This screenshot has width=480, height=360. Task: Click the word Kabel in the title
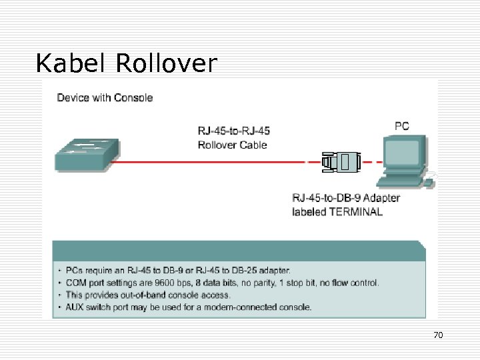(72, 63)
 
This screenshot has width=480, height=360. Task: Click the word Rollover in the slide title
(166, 63)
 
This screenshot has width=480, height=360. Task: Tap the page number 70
(438, 335)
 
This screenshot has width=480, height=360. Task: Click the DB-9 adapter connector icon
(341, 162)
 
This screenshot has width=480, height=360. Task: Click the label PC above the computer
(402, 126)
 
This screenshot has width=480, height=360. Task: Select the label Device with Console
(105, 97)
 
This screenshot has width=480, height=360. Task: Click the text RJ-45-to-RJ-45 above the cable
(234, 131)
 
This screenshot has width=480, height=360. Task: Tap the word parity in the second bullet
(264, 283)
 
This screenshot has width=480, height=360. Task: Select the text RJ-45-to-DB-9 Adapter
(346, 198)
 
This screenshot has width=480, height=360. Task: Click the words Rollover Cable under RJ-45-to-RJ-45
(233, 145)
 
